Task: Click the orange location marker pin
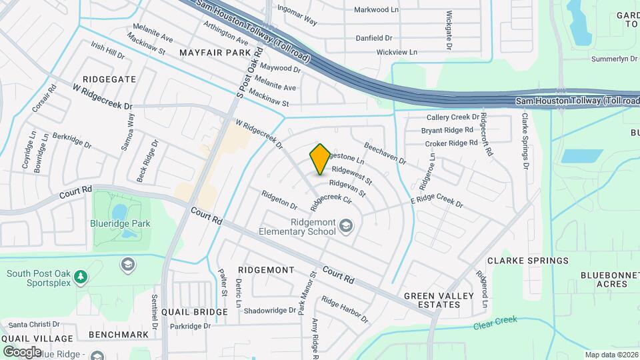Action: coord(320,159)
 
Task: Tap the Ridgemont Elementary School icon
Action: coord(346,228)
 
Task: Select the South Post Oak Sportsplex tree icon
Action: coord(81,276)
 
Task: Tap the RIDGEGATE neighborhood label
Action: coord(109,79)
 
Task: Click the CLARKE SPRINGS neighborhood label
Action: coord(527,260)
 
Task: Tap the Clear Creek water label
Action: coord(496,323)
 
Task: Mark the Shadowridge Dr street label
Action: coord(269,311)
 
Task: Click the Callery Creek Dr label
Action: coord(453,117)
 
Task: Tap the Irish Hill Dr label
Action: coord(108,51)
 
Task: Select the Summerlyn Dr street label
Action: coord(614,59)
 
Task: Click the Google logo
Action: coord(22,351)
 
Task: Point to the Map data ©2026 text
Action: coord(611,355)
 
